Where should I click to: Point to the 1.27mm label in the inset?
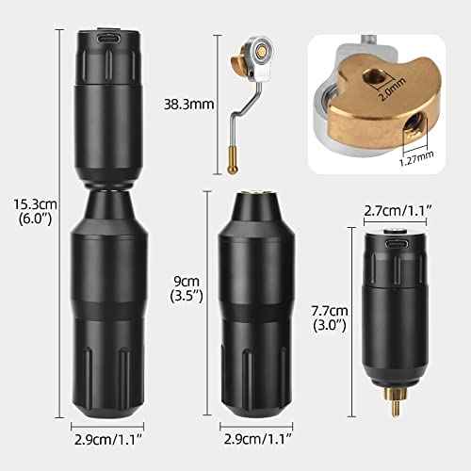[416, 157]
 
